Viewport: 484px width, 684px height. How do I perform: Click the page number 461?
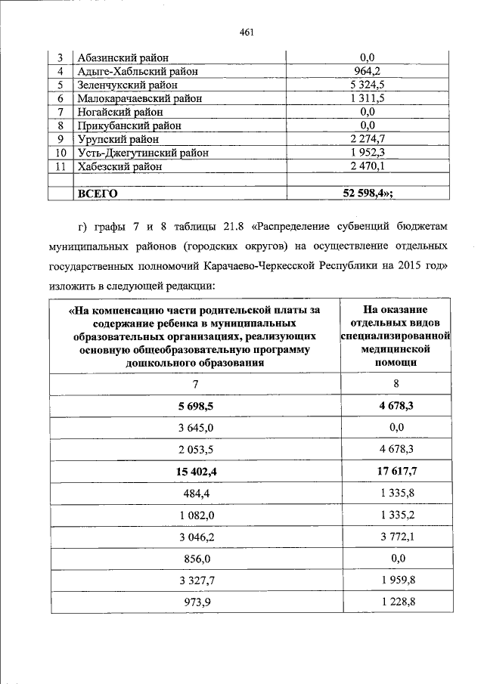coord(244,32)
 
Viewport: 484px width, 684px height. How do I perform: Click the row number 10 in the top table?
coord(59,153)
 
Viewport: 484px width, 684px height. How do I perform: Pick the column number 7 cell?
coord(195,385)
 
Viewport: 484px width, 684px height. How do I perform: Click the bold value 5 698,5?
coord(195,406)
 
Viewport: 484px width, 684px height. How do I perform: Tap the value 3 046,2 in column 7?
coord(195,536)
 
